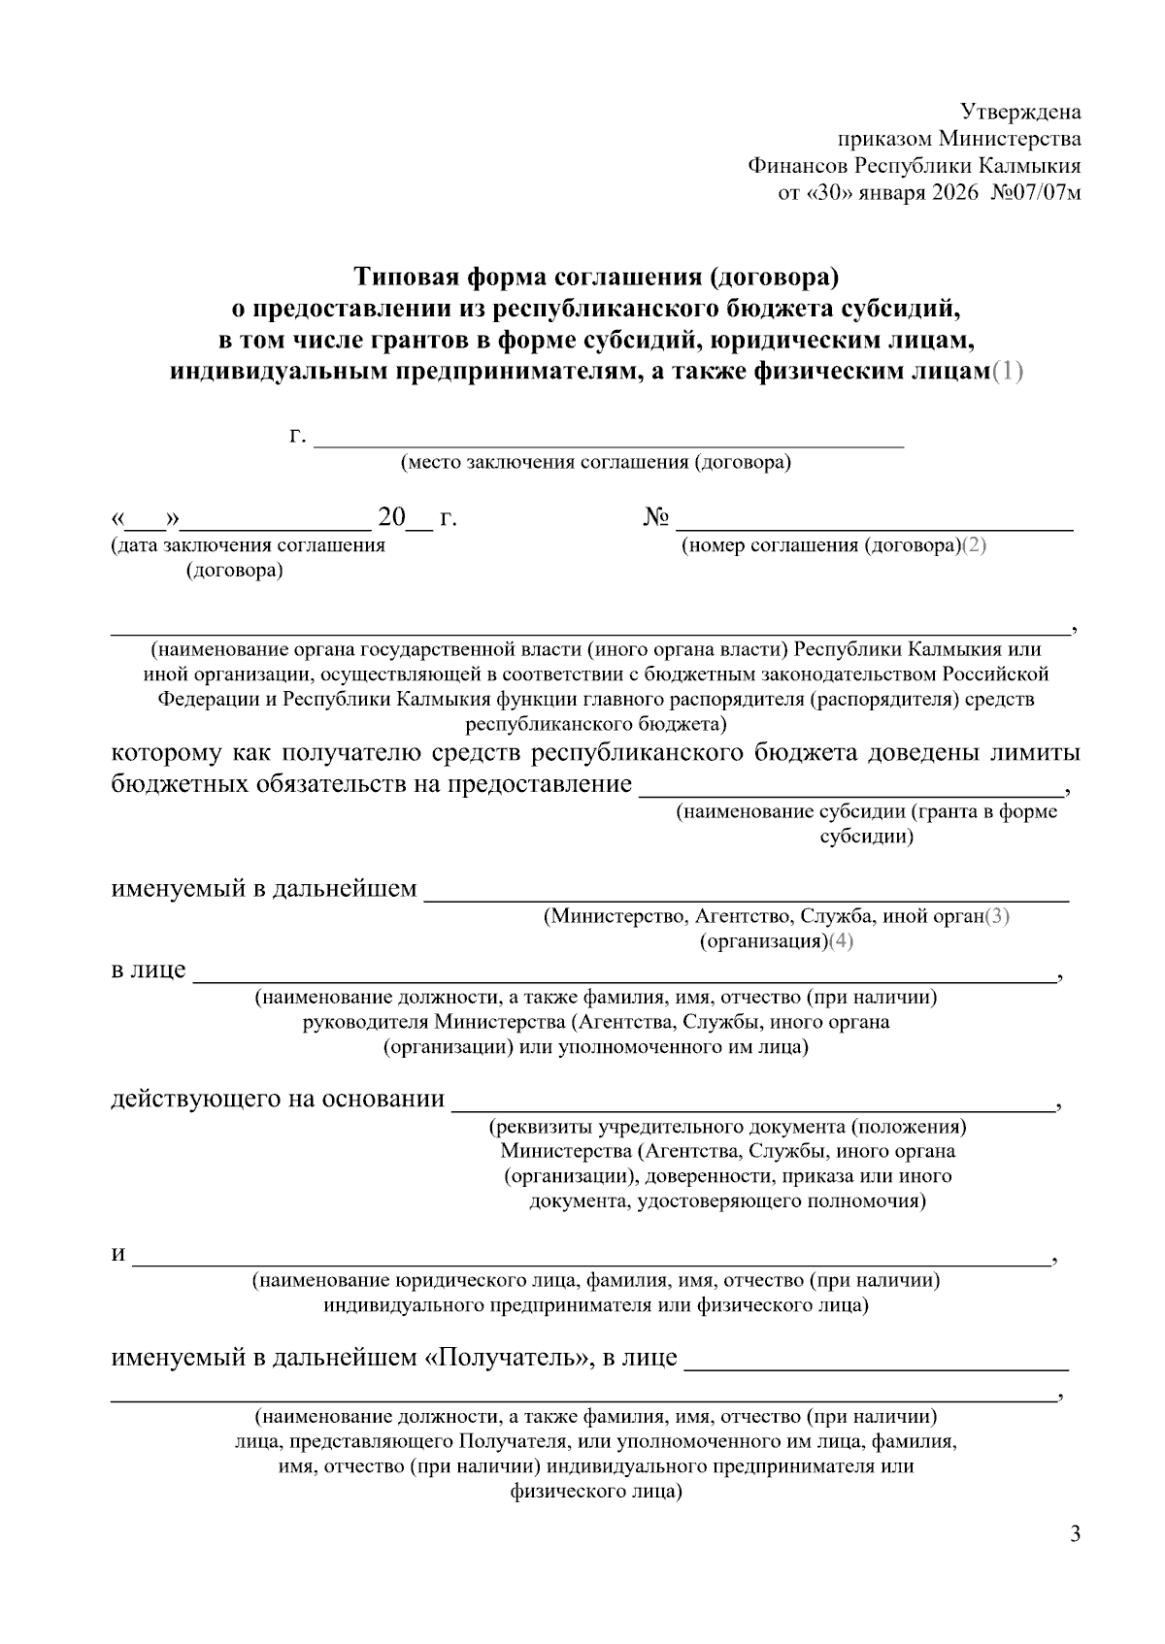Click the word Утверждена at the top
(x=1020, y=112)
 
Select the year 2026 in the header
(x=955, y=192)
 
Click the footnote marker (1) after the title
(x=1007, y=371)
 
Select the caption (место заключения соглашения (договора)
(x=596, y=463)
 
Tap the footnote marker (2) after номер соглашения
(x=975, y=545)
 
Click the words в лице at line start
(x=148, y=970)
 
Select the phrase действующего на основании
(x=278, y=1099)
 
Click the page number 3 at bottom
(x=1074, y=1534)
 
